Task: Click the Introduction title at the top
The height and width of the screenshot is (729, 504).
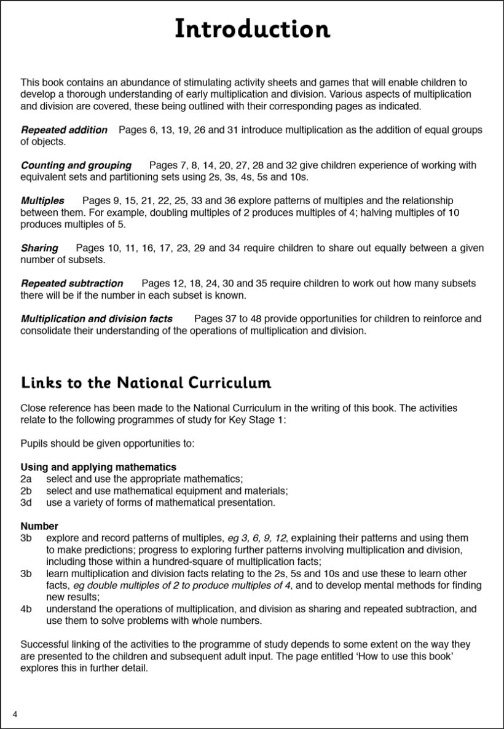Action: [252, 29]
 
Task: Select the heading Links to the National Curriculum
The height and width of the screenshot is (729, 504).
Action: [146, 383]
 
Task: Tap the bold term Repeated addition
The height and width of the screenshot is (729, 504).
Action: [64, 130]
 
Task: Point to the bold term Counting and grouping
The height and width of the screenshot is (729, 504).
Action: [76, 165]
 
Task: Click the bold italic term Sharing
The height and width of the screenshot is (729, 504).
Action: [39, 248]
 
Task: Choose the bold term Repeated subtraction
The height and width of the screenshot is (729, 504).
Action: [72, 283]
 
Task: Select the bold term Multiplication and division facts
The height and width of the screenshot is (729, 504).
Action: [96, 318]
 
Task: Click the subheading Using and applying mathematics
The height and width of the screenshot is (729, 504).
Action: [98, 467]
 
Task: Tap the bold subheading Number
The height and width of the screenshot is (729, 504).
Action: [39, 526]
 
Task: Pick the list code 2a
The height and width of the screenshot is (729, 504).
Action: [26, 479]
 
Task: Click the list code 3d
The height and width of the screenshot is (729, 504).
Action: [26, 502]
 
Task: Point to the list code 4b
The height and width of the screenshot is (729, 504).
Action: [26, 609]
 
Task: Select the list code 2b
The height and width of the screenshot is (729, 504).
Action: [26, 491]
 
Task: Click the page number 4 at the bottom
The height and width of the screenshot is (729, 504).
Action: [15, 714]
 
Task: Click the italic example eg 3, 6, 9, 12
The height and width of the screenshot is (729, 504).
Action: [256, 538]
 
